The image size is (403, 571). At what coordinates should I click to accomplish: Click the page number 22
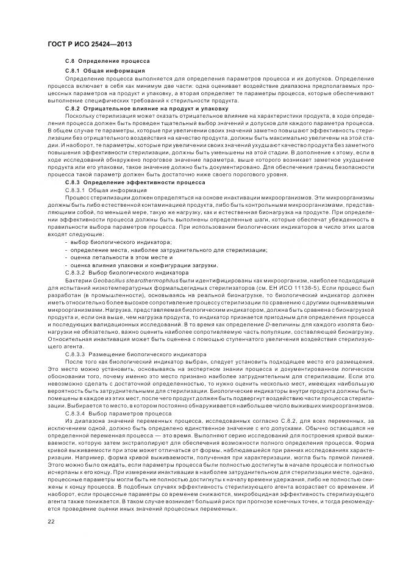click(51, 521)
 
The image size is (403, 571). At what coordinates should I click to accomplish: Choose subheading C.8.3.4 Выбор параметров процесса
click(118, 413)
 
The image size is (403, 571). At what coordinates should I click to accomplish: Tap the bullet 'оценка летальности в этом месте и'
click(116, 257)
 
